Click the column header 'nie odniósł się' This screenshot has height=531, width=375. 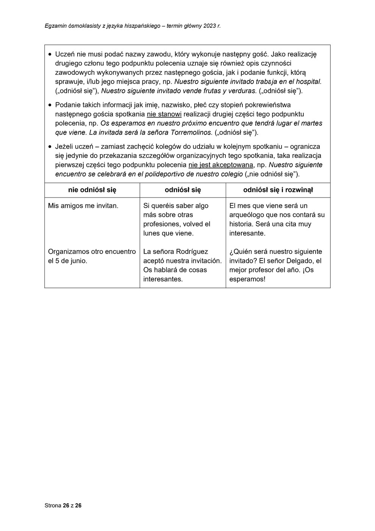[x=92, y=190]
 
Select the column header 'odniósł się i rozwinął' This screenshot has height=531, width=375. [x=278, y=190]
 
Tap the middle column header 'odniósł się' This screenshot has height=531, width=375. [x=183, y=190]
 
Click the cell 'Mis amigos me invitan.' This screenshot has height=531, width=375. [x=83, y=206]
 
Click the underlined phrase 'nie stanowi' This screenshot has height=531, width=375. [x=164, y=114]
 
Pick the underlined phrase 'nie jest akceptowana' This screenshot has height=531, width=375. [x=220, y=165]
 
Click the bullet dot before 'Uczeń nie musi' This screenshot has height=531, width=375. [x=50, y=54]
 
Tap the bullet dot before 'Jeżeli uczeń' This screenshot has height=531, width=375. [x=50, y=147]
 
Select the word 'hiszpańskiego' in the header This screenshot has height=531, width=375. [x=142, y=26]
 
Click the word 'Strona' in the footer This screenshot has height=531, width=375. [x=53, y=506]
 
